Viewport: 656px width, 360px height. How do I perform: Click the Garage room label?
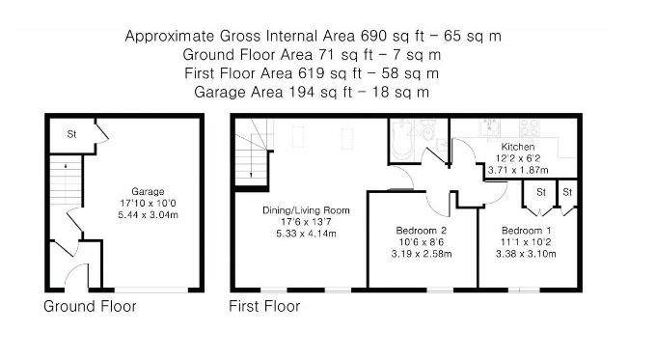(x=148, y=192)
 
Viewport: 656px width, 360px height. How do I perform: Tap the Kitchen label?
(x=518, y=147)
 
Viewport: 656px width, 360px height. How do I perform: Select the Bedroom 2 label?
(x=422, y=231)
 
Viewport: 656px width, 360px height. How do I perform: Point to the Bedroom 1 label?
(x=527, y=231)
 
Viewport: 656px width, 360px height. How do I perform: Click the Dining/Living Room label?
(x=306, y=210)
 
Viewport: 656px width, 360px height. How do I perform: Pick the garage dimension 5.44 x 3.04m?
(x=149, y=215)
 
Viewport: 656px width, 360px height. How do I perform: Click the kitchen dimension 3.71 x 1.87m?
(x=518, y=171)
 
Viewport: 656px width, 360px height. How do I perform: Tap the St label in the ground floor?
(x=71, y=134)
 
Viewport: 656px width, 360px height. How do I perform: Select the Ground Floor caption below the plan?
(x=90, y=306)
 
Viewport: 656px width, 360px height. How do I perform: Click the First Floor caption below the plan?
(x=264, y=306)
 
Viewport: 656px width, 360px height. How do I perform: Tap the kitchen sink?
(x=489, y=127)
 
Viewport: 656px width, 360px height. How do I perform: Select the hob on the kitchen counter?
(x=530, y=128)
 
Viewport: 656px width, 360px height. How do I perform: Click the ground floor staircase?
(x=67, y=180)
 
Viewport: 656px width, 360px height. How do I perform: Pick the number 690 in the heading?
(x=373, y=36)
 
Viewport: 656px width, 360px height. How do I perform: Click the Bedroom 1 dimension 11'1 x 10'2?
(x=526, y=242)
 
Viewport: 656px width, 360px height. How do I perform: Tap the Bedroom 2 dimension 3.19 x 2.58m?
(x=422, y=254)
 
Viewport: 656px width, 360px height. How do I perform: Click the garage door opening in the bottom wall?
(x=151, y=290)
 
